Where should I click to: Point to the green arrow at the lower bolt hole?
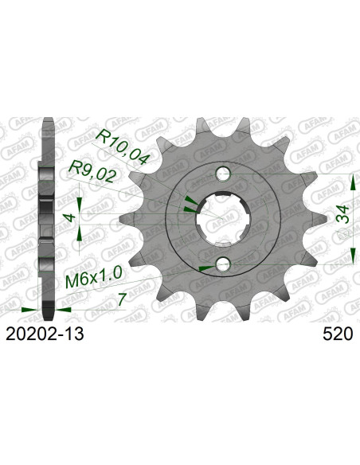click(206, 268)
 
